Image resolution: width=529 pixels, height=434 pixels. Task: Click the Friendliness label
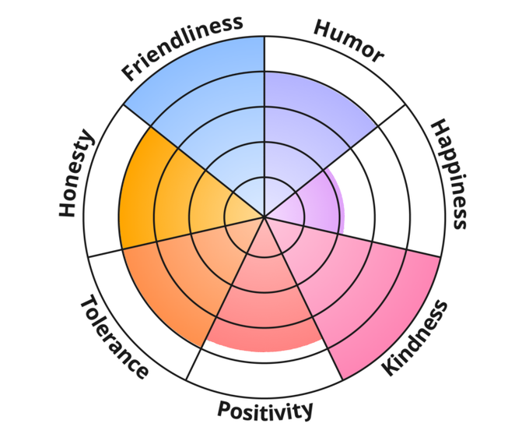point(182,48)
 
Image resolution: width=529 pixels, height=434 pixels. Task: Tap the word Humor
point(349,40)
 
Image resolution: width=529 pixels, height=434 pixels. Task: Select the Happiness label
point(450,173)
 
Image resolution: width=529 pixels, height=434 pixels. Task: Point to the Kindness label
point(416,338)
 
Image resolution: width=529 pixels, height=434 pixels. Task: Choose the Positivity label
point(264,409)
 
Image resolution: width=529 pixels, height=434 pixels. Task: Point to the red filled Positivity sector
point(264,304)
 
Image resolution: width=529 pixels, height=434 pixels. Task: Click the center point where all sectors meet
point(264,217)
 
